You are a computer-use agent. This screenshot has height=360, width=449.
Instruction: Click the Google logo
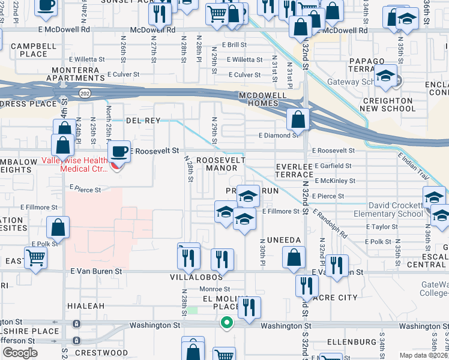(x=19, y=353)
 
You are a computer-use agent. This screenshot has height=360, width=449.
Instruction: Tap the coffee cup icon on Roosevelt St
(x=119, y=151)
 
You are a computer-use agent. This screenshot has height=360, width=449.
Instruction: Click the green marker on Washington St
(x=226, y=323)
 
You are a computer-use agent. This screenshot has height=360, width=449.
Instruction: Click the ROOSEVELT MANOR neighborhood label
(x=221, y=164)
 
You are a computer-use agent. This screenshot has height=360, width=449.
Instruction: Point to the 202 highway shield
(x=85, y=93)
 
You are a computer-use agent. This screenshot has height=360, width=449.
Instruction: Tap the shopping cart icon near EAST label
(x=35, y=259)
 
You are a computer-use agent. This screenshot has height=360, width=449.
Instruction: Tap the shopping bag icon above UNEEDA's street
(x=293, y=257)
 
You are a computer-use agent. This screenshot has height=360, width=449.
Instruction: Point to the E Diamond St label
(x=278, y=136)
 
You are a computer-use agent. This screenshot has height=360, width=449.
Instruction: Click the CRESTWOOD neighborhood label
(x=106, y=353)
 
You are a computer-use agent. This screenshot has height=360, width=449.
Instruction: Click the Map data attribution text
(x=423, y=355)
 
